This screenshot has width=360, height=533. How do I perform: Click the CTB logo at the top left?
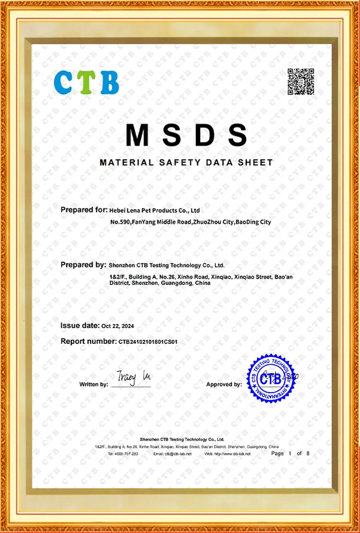click(x=87, y=82)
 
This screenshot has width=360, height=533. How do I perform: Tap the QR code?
click(x=301, y=82)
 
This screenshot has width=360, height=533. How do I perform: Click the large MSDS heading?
click(x=186, y=135)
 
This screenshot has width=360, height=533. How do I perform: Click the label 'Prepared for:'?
click(x=84, y=210)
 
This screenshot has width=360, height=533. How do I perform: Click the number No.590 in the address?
click(x=120, y=222)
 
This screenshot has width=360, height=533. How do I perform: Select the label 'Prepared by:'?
click(x=83, y=265)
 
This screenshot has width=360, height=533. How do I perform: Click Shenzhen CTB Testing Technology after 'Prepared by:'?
click(x=166, y=265)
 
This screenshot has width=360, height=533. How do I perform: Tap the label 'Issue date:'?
click(x=80, y=326)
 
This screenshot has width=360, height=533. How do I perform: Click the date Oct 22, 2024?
click(x=118, y=326)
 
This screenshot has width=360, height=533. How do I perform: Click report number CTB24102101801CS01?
click(x=148, y=342)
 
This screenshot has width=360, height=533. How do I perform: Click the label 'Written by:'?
click(x=93, y=385)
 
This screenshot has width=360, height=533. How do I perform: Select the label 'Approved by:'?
click(x=224, y=385)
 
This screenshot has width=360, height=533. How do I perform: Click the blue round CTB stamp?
click(x=271, y=378)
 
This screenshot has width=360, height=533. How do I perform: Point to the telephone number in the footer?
click(x=123, y=454)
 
